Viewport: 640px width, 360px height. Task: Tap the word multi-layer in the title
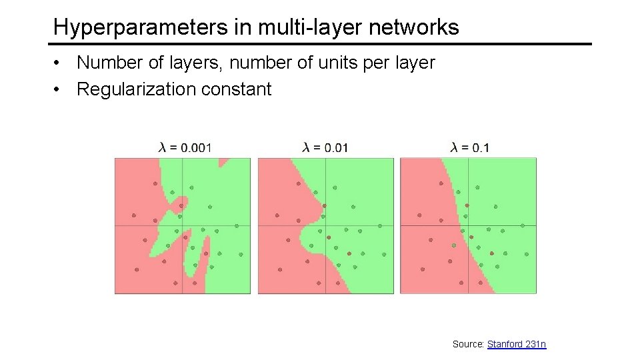[289, 27]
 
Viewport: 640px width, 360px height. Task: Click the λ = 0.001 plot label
[185, 147]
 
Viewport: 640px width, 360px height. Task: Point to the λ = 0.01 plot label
[325, 147]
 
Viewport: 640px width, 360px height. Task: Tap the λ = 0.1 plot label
[469, 147]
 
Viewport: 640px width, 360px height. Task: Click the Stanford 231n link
[517, 344]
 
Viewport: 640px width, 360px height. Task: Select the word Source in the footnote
[467, 344]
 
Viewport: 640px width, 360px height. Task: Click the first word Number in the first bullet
[105, 63]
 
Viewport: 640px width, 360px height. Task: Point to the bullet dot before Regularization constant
[59, 89]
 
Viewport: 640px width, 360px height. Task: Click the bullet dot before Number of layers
[59, 63]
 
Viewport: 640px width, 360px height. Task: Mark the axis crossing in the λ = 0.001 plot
[183, 225]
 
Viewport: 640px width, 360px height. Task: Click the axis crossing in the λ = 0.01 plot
[326, 225]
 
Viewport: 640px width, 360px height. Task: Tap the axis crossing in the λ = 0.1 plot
[468, 225]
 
